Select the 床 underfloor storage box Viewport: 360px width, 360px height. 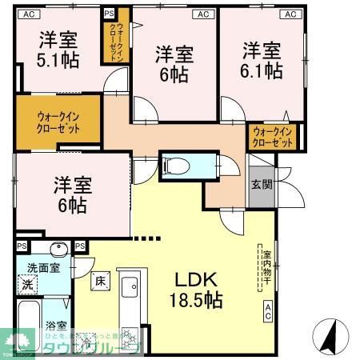point(100,281)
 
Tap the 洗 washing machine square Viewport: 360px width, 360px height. point(26,285)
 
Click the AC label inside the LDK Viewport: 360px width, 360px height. point(268,311)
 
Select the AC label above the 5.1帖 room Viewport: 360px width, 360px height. point(29,14)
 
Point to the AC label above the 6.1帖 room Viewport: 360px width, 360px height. point(289,14)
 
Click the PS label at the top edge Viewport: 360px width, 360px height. point(110,14)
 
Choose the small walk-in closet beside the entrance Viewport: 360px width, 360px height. point(271,136)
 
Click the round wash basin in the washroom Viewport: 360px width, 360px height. point(58,249)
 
